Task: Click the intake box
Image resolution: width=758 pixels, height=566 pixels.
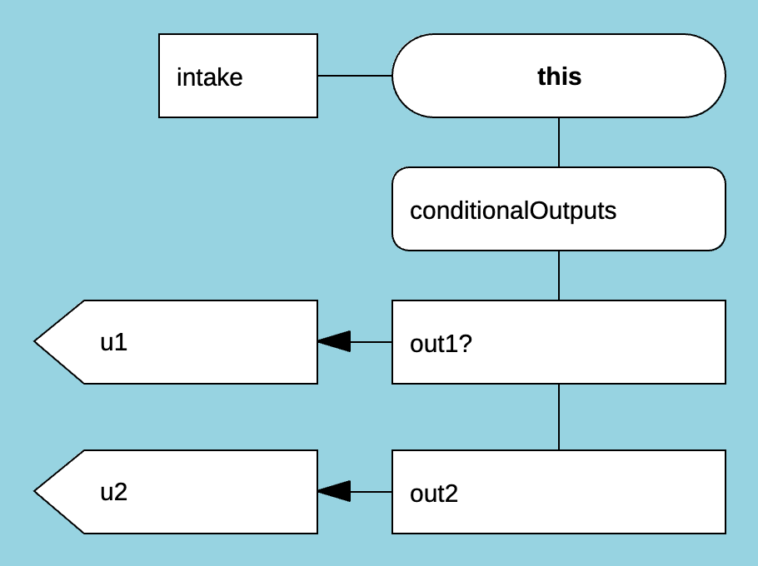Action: (x=238, y=76)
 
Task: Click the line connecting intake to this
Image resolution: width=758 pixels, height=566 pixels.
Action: (x=355, y=76)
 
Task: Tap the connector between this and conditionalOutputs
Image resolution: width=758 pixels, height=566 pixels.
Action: (x=559, y=142)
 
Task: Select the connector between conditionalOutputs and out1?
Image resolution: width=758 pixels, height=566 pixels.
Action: (x=559, y=276)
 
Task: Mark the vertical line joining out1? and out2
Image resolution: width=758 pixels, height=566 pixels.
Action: (x=559, y=417)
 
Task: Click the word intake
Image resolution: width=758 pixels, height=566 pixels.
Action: (x=210, y=77)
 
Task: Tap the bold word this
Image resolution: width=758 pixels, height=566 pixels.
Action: (x=559, y=77)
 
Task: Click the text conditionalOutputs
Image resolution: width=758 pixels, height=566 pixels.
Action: (x=513, y=211)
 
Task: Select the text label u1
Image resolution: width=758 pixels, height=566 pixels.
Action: (x=114, y=342)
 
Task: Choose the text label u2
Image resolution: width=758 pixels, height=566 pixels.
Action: (x=114, y=492)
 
